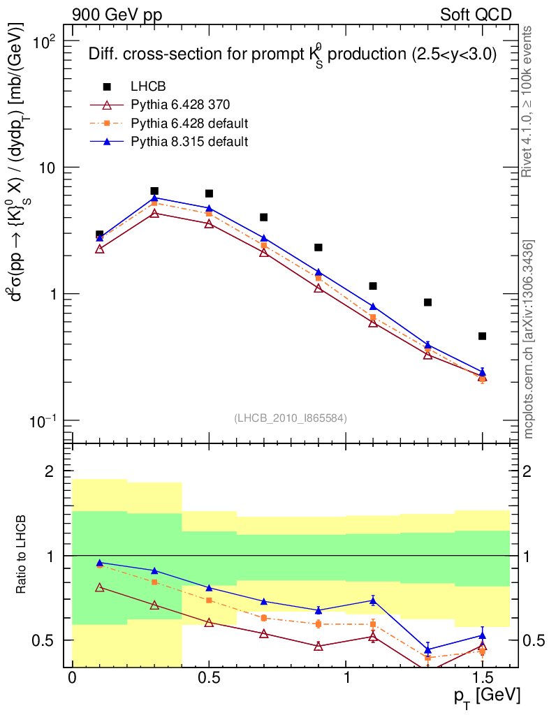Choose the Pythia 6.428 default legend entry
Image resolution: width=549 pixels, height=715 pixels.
pyautogui.click(x=189, y=124)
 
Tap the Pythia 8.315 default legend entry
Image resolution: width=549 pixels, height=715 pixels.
pyautogui.click(x=189, y=142)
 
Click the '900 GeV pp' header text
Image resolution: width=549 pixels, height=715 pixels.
pyautogui.click(x=117, y=15)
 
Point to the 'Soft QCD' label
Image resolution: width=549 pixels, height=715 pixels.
pyautogui.click(x=476, y=15)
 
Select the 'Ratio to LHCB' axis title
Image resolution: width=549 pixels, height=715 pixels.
pyautogui.click(x=23, y=555)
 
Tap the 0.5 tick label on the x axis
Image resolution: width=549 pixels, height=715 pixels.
pyautogui.click(x=209, y=679)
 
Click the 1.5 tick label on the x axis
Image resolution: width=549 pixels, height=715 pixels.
pyautogui.click(x=483, y=679)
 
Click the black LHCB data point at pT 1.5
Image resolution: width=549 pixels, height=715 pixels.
pyautogui.click(x=482, y=337)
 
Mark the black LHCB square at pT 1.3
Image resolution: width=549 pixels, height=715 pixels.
pyautogui.click(x=427, y=302)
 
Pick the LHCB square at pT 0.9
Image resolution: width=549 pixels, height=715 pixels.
pyautogui.click(x=319, y=247)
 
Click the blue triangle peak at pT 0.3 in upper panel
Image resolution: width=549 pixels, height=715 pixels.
pyautogui.click(x=154, y=198)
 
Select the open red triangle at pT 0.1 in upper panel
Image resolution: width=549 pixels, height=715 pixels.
pyautogui.click(x=100, y=249)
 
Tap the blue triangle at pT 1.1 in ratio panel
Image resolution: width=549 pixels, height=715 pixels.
pyautogui.click(x=373, y=600)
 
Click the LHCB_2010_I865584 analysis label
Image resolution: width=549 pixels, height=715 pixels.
pyautogui.click(x=291, y=418)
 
